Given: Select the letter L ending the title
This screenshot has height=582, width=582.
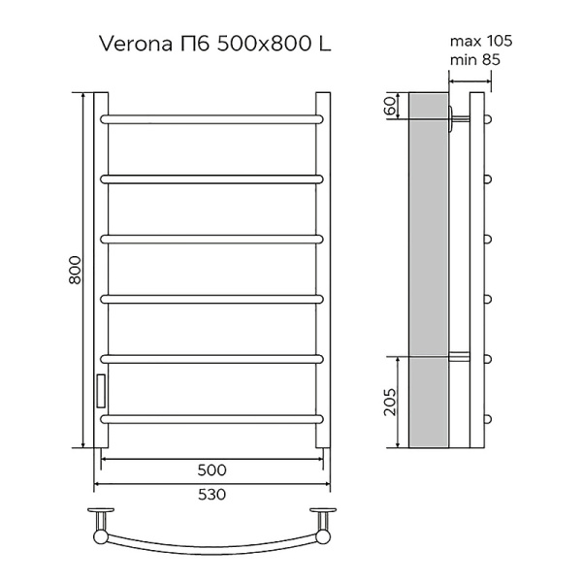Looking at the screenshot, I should tap(332, 44).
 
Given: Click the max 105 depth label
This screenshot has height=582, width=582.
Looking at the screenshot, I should tap(481, 42).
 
